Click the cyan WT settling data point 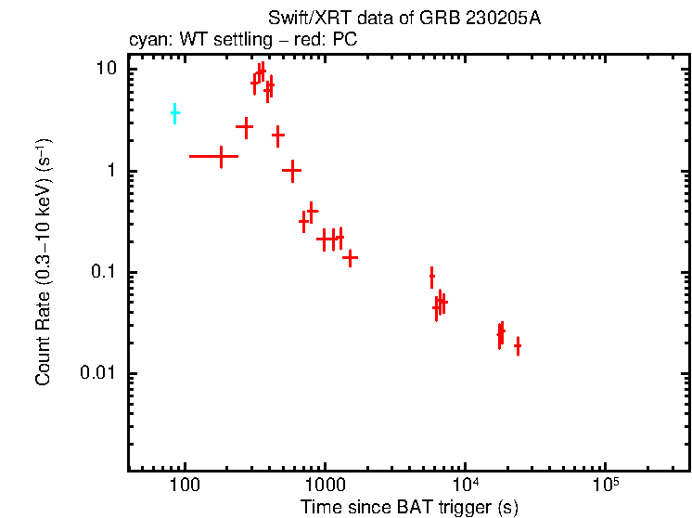(x=174, y=113)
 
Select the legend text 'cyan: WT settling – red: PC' (x=242, y=41)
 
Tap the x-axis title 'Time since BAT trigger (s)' (x=409, y=507)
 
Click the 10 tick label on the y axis (x=109, y=70)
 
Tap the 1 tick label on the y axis (x=114, y=171)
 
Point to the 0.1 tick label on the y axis (x=105, y=272)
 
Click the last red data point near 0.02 (x=518, y=346)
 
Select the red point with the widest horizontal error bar (x=221, y=156)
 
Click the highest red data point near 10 (x=262, y=70)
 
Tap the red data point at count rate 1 (x=292, y=170)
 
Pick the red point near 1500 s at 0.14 (x=350, y=257)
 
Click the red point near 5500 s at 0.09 (x=431, y=277)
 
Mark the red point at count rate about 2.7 (x=245, y=126)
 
